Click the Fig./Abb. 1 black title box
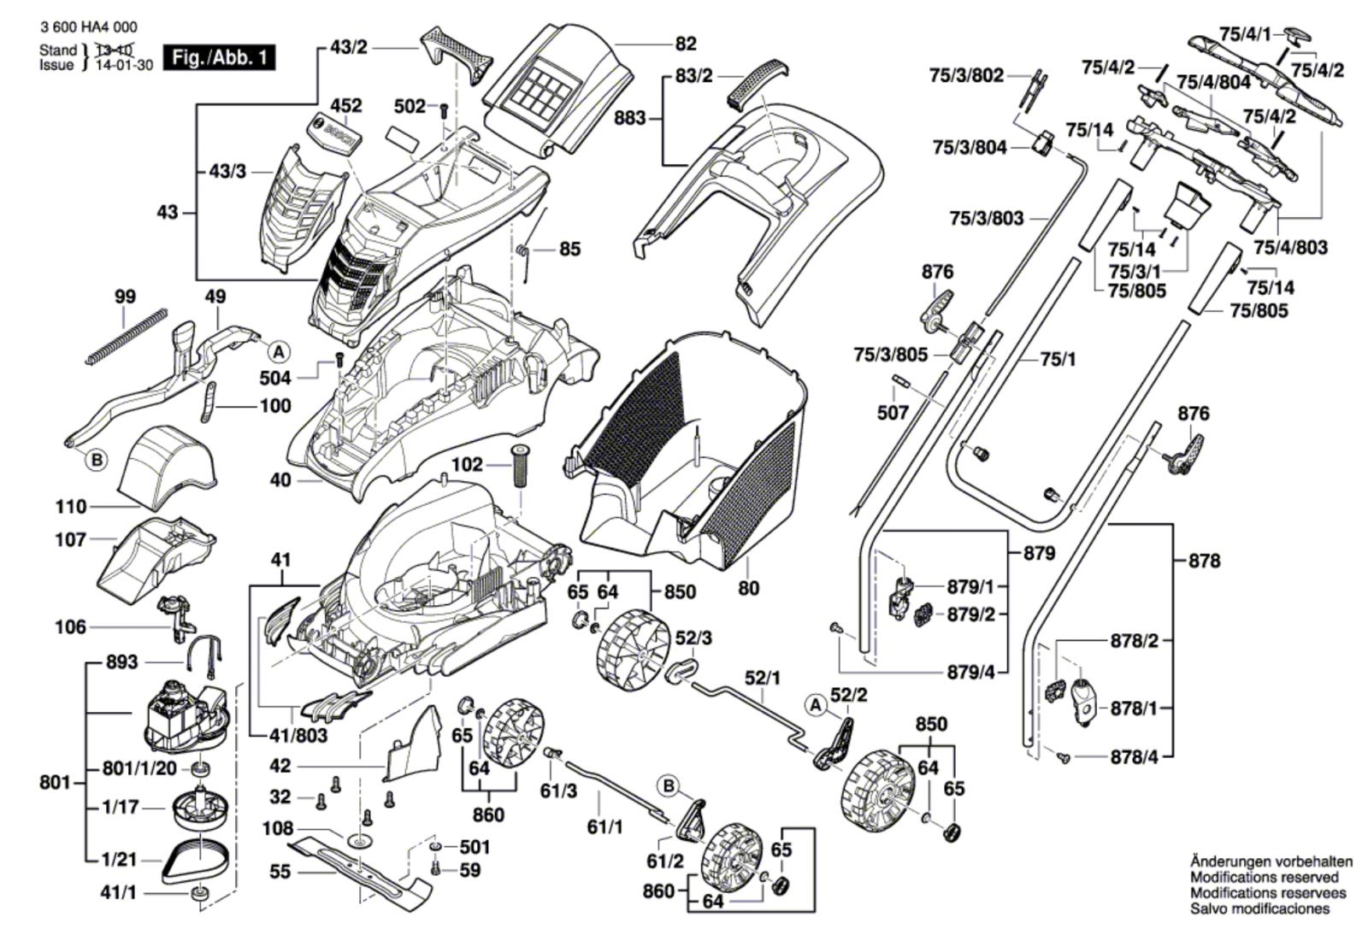pos(221,58)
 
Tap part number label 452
pos(345,106)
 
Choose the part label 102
pos(468,465)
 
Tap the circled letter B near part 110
pos(97,461)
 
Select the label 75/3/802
pos(966,75)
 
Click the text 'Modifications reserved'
pos(1264,878)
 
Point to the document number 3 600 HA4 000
pos(88,28)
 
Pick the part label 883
pos(630,118)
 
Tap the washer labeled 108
pos(360,841)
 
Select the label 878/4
pos(1134,756)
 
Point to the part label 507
pos(893,413)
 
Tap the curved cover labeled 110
pos(167,462)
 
